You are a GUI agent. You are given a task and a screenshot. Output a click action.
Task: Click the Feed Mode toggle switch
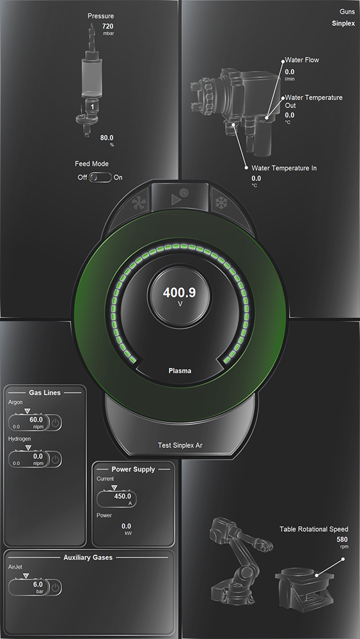click(100, 178)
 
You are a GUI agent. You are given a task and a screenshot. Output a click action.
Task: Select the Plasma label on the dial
click(180, 371)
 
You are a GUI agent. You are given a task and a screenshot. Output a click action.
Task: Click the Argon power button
click(56, 424)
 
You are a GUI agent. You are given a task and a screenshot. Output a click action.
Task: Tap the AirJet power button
click(56, 588)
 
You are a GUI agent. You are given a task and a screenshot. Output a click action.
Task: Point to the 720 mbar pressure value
click(107, 29)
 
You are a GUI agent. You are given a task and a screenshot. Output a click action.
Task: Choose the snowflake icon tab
click(221, 203)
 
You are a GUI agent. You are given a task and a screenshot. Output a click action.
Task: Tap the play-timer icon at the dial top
click(180, 197)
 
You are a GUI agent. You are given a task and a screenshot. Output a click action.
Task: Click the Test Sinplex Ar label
click(180, 445)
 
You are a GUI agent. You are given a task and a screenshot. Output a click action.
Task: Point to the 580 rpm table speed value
click(342, 543)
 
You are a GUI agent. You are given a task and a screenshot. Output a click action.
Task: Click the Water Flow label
click(302, 60)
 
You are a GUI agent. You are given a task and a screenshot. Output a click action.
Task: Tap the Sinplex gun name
click(343, 23)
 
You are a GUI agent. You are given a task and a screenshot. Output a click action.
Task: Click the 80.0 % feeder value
click(107, 141)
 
